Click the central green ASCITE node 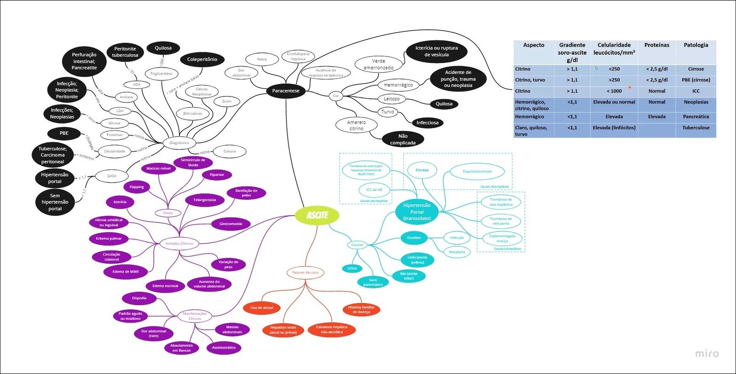pos(317,215)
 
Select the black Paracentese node pos(286,91)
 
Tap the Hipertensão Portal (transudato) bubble pos(417,212)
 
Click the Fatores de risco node pos(305,272)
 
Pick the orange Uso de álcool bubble pos(262,308)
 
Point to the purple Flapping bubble pos(137,187)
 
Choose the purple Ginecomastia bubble pos(230,224)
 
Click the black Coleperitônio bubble pos(202,59)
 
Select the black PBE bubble pos(64,133)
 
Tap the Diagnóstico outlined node pos(179,143)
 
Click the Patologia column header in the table pos(696,45)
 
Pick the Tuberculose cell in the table pos(696,128)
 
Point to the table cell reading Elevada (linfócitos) pos(614,128)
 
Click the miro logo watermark pos(707,353)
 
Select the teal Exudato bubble pos(414,238)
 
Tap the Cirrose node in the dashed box pos(422,170)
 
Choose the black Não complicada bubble pos(403,139)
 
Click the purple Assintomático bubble pos(224,348)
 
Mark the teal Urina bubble pos(352,268)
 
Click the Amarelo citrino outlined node pos(356,125)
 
